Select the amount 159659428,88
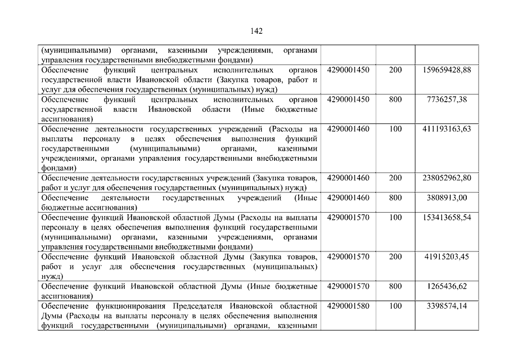click(447, 70)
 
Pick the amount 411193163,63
click(447, 129)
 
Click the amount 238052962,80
click(447, 178)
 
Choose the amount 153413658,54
click(447, 218)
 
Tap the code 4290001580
click(348, 306)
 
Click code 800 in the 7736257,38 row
click(395, 100)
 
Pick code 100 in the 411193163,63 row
click(395, 129)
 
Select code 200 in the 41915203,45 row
click(395, 257)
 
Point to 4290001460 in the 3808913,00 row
click(348, 198)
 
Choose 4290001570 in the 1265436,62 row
click(348, 286)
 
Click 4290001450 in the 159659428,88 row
click(348, 70)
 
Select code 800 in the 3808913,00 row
click(395, 198)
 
